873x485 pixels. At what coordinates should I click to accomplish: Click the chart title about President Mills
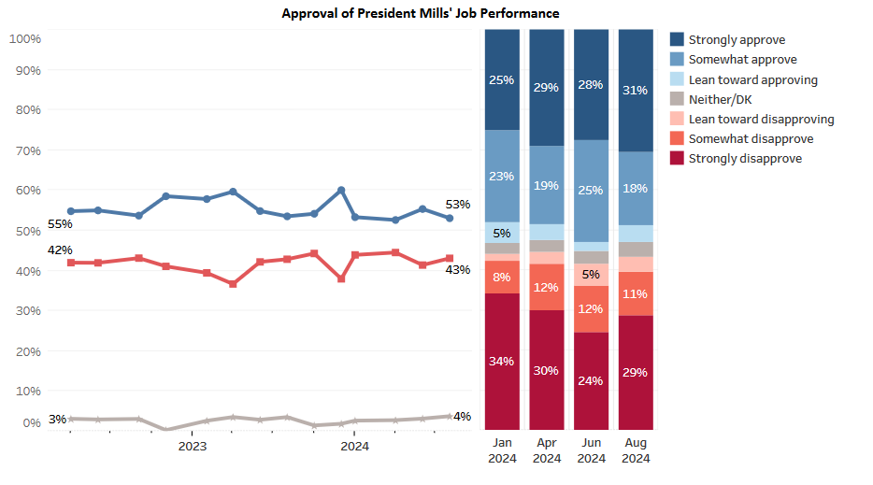pos(421,13)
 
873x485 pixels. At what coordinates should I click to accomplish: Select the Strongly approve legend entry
pos(737,39)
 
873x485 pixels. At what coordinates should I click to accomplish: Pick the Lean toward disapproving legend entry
pos(761,119)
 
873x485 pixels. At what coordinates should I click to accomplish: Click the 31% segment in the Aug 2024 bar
pos(635,90)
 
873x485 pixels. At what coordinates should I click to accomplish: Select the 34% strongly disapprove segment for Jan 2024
pos(501,361)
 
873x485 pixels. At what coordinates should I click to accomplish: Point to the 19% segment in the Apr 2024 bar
pos(546,185)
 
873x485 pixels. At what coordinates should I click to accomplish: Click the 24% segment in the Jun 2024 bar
pos(591,380)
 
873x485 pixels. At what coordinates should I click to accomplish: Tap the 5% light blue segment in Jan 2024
pos(501,233)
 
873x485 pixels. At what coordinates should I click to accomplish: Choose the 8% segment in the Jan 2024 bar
pos(501,277)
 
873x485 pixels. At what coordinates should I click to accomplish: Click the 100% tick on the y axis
pos(24,38)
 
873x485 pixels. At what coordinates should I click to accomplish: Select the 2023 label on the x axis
pos(192,446)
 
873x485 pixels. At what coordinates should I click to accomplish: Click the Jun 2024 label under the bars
pos(591,450)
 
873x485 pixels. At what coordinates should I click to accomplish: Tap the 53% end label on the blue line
pos(458,205)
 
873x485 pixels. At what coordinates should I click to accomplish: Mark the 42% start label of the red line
pos(60,250)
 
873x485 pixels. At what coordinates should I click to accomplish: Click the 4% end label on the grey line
pos(462,416)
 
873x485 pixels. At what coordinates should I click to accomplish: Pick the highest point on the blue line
pos(341,190)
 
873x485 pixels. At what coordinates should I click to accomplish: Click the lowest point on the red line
pos(233,284)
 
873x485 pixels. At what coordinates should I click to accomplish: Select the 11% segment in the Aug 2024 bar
pos(635,293)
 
